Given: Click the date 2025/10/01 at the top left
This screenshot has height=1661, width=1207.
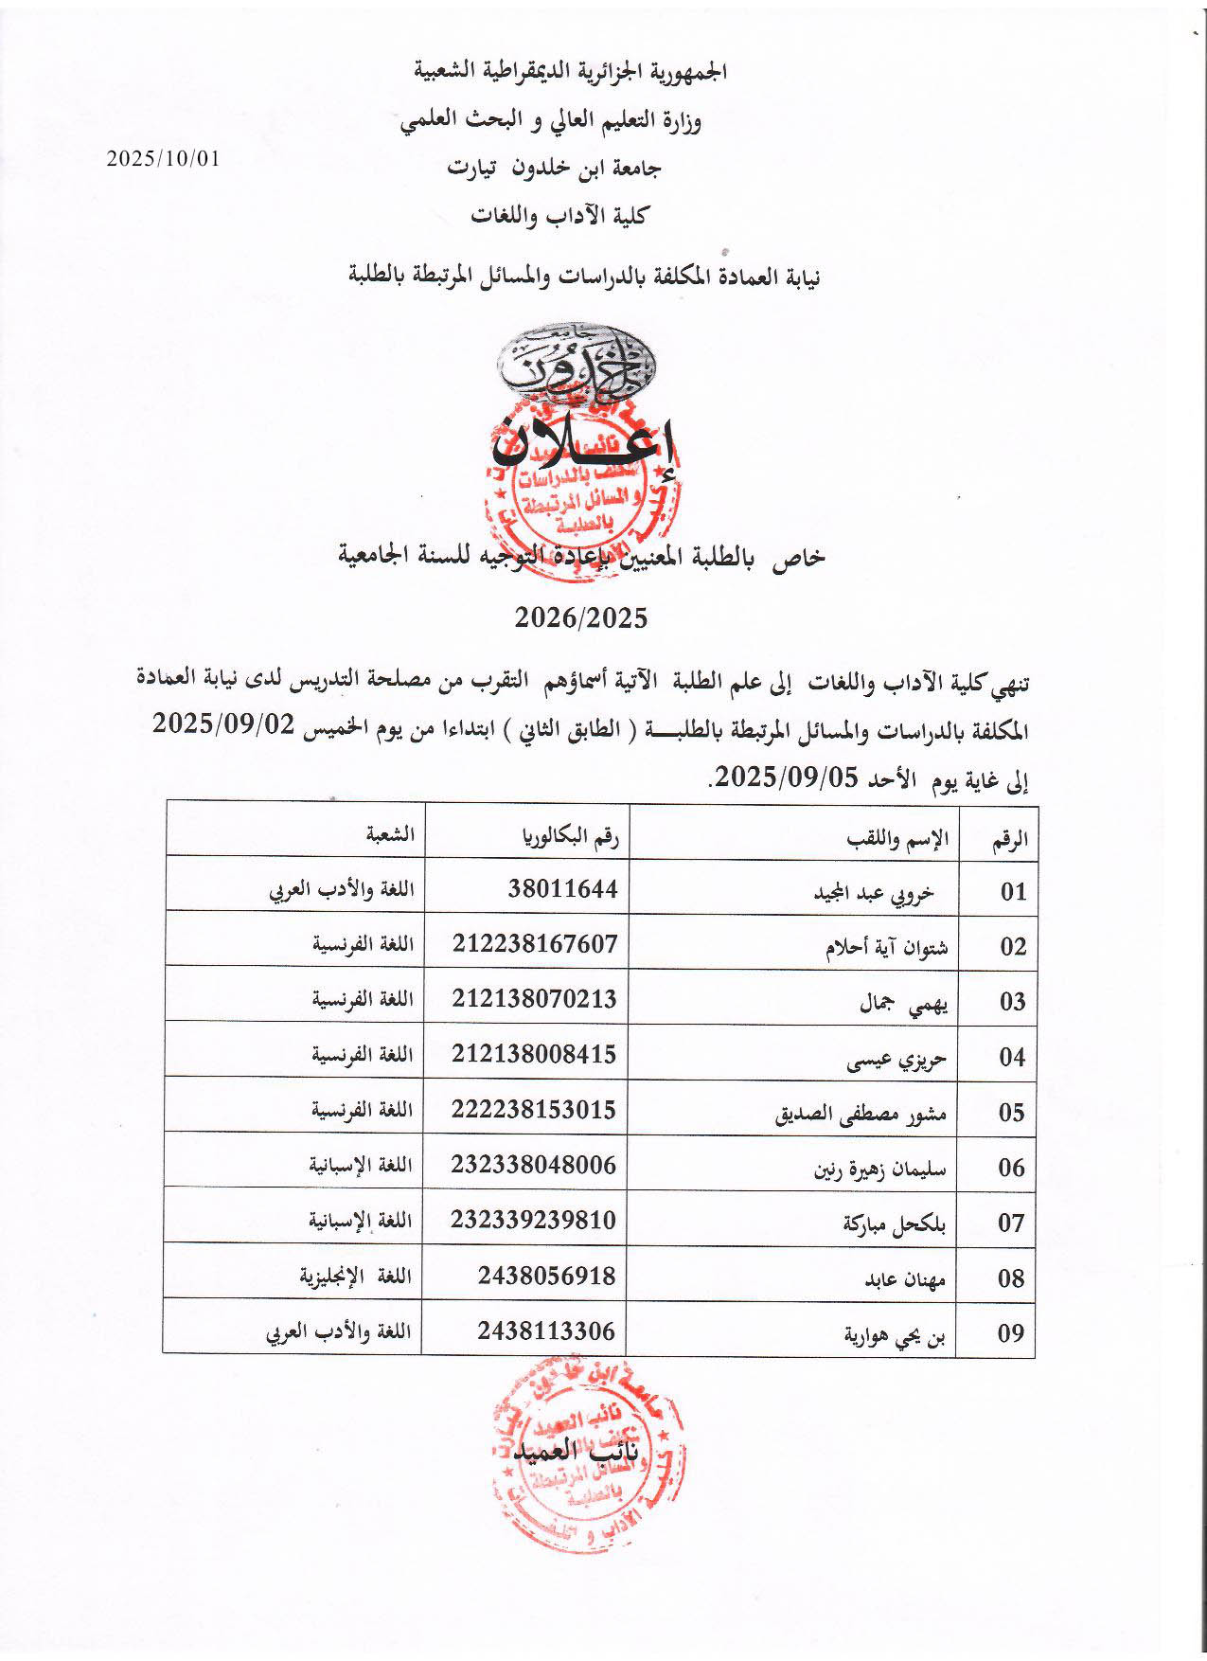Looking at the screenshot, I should [163, 159].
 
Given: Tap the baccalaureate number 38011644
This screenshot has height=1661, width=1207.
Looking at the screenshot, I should [561, 888].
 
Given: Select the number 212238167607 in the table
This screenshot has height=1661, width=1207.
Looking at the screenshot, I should [535, 943].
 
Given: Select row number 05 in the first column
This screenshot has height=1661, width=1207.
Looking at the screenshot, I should [1012, 1113].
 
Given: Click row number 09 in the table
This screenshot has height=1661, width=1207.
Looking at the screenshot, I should [1012, 1333].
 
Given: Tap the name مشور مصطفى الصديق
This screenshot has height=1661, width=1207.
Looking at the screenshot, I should [861, 1115].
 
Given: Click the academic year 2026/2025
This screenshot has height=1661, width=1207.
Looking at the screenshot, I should [581, 618].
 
